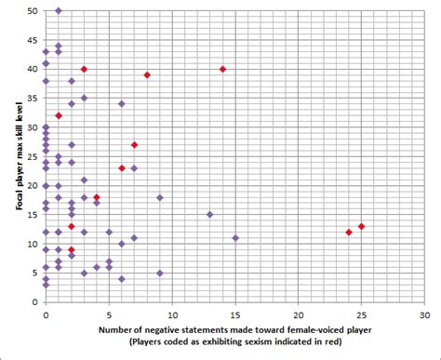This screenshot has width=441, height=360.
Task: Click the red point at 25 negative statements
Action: pos(361,226)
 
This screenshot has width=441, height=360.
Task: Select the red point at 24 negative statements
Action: pos(349,232)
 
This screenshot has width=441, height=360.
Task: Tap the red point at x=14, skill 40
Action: pos(222,69)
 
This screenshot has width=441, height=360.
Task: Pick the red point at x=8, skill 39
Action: pos(147,74)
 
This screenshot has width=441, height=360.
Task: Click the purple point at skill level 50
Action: pos(59,10)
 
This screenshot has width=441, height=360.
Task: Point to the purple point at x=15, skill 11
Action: pos(235,238)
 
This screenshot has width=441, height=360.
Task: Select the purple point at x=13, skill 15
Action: pos(209,214)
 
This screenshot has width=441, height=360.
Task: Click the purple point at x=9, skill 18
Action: pos(160,197)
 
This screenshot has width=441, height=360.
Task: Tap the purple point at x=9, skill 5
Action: pos(160,273)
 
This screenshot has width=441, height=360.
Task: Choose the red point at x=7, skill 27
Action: pos(135,144)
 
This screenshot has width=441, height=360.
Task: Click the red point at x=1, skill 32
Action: pos(59,115)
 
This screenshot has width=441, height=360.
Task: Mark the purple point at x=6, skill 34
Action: pos(122,103)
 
